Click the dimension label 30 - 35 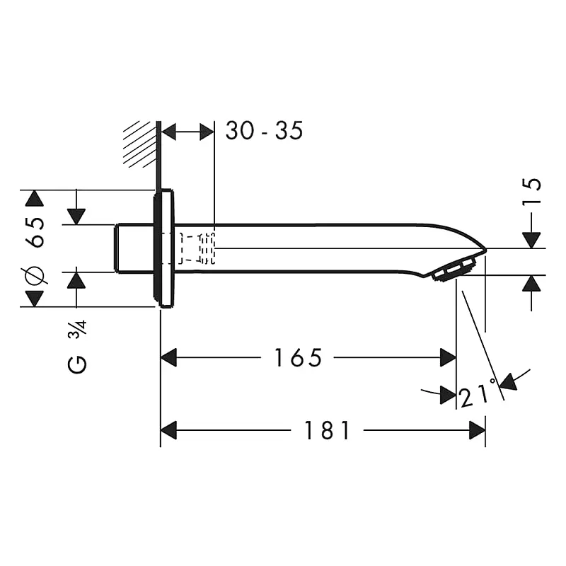tap(264, 130)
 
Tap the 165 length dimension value tap(298, 358)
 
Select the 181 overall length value tap(327, 429)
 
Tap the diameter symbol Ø tap(35, 275)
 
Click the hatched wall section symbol tap(139, 144)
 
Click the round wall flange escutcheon tap(163, 248)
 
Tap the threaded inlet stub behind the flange tap(134, 248)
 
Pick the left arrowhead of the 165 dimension tap(168, 358)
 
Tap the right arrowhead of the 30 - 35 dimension tap(207, 132)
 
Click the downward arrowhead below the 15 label tap(531, 240)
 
